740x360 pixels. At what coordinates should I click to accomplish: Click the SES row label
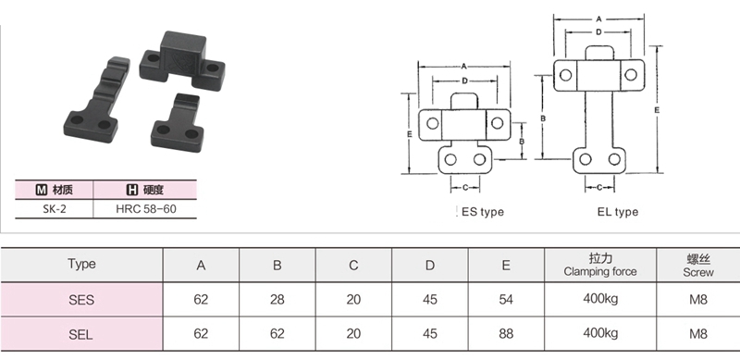click(x=81, y=300)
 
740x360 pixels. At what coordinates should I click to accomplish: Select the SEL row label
click(x=81, y=334)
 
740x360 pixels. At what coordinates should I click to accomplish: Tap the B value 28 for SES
click(x=277, y=300)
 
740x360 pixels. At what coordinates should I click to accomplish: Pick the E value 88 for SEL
click(x=506, y=334)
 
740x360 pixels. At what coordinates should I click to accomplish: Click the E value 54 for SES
click(x=506, y=300)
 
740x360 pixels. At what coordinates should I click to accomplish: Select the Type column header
click(x=81, y=264)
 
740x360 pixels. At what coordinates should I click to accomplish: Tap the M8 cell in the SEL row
click(x=698, y=334)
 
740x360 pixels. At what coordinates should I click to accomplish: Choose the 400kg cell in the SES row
click(x=600, y=299)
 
